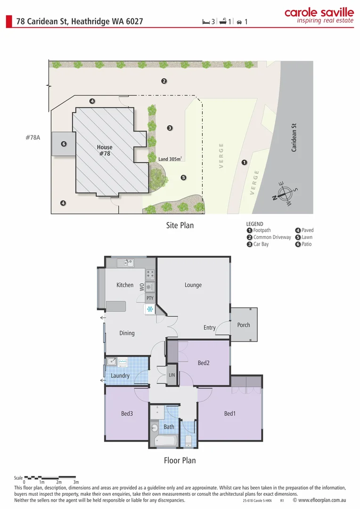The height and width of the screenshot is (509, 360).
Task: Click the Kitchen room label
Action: coord(125,285)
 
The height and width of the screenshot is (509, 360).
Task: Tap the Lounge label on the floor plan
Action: coord(193,285)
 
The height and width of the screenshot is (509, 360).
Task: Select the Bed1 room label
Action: coord(230,414)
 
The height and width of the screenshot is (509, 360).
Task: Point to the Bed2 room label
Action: coord(204,363)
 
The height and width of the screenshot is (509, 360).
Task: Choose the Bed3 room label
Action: coord(127,414)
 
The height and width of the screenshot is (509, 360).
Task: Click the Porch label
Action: coord(244,325)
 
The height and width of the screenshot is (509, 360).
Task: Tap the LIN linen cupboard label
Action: coord(172,375)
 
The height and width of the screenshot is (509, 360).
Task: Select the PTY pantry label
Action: coord(150,298)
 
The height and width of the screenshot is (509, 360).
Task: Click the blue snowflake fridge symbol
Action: coord(150,309)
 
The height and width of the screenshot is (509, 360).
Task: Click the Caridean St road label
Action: coord(294,138)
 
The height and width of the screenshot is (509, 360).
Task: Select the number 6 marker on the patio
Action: coord(64,144)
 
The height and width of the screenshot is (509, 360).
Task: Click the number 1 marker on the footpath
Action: coord(244,163)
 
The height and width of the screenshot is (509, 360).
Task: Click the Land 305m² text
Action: coord(170,159)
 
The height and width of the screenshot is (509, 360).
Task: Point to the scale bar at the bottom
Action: coord(50,477)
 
